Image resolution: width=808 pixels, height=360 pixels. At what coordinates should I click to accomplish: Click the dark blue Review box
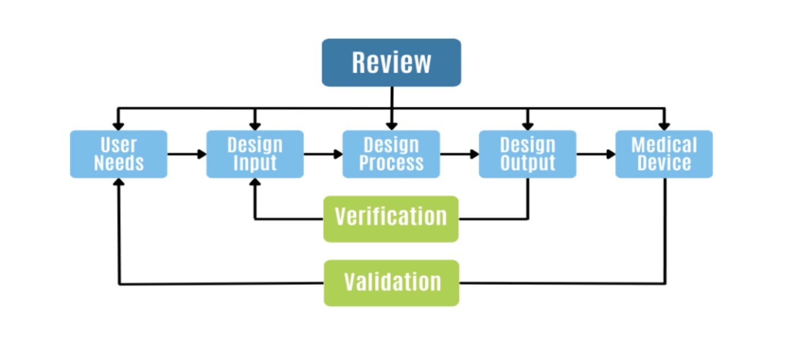(391, 62)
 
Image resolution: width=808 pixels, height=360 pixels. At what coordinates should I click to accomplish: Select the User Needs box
(119, 154)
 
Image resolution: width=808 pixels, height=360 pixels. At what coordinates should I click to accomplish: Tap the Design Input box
(255, 154)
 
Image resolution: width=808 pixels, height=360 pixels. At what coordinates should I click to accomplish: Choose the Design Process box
(391, 154)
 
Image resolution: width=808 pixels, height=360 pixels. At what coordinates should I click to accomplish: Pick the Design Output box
(528, 154)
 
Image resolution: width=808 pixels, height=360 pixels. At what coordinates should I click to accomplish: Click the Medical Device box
(664, 154)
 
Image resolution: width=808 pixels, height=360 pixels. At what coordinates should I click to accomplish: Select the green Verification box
(391, 219)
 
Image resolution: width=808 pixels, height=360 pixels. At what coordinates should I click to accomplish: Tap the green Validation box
(391, 283)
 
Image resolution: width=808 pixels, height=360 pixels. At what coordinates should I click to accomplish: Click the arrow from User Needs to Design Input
(187, 154)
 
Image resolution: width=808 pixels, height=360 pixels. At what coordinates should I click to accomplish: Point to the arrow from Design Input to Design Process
(323, 154)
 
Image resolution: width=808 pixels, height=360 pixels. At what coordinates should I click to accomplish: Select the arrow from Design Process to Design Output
(460, 154)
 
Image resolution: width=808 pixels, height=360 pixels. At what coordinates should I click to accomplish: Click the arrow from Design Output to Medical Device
(596, 154)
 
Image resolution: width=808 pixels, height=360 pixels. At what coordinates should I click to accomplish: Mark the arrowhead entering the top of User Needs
(118, 127)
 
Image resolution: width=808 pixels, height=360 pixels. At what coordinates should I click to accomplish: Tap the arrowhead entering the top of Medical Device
(665, 127)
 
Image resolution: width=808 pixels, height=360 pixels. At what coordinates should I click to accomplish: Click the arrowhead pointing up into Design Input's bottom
(255, 182)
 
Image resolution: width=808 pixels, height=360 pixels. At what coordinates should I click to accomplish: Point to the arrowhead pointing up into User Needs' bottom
(119, 182)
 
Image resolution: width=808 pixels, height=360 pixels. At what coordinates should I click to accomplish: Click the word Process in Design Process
(391, 163)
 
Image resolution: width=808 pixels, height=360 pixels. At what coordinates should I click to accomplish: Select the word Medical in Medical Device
(664, 145)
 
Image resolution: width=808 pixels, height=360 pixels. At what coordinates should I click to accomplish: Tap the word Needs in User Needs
(119, 163)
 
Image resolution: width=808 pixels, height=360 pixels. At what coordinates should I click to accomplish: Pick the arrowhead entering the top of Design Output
(528, 127)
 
